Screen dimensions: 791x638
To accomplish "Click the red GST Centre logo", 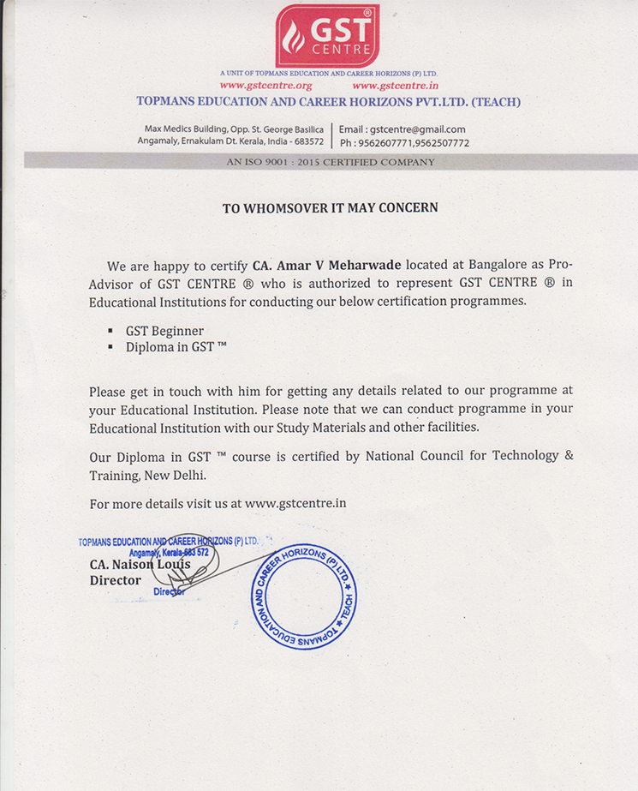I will [x=327, y=35].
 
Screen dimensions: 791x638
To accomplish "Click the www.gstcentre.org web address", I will [x=265, y=86].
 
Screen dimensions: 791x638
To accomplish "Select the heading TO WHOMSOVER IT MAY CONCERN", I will [x=330, y=207].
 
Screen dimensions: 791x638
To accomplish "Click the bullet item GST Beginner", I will [x=164, y=331].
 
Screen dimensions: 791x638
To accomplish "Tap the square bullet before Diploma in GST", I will [x=110, y=347].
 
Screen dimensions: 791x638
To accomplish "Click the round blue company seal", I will [x=303, y=596].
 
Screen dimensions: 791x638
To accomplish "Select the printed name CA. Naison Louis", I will [x=140, y=565].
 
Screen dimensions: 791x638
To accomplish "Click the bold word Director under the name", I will [x=116, y=580].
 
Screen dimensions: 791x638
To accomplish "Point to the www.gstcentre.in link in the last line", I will [x=295, y=504].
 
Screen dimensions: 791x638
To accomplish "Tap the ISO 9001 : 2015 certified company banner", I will [x=330, y=161].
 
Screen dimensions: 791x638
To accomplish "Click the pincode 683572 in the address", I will [x=307, y=141].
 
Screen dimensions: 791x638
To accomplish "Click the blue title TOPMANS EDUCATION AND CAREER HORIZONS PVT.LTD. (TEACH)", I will [x=328, y=102].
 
